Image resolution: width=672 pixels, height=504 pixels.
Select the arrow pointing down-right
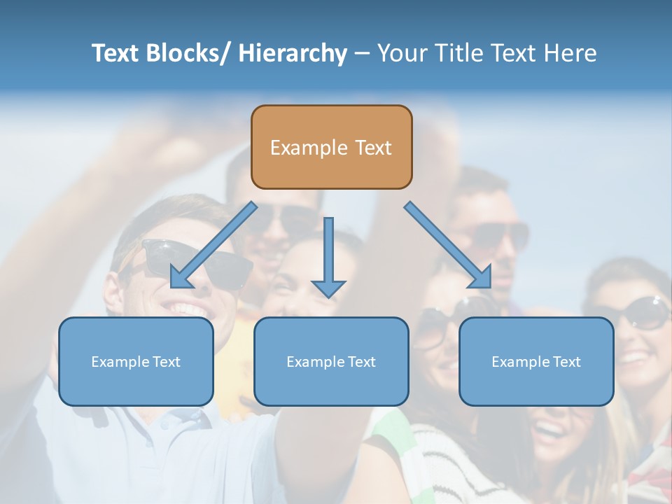click(448, 245)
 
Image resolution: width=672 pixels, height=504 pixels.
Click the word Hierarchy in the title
click(293, 53)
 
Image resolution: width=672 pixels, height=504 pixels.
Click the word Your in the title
click(400, 53)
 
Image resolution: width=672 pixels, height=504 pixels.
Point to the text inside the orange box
click(331, 148)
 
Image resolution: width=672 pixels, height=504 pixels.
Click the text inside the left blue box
click(136, 362)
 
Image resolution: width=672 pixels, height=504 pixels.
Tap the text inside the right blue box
click(536, 362)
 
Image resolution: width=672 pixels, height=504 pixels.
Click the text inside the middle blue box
click(331, 362)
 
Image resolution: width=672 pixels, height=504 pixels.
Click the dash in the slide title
click(362, 54)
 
